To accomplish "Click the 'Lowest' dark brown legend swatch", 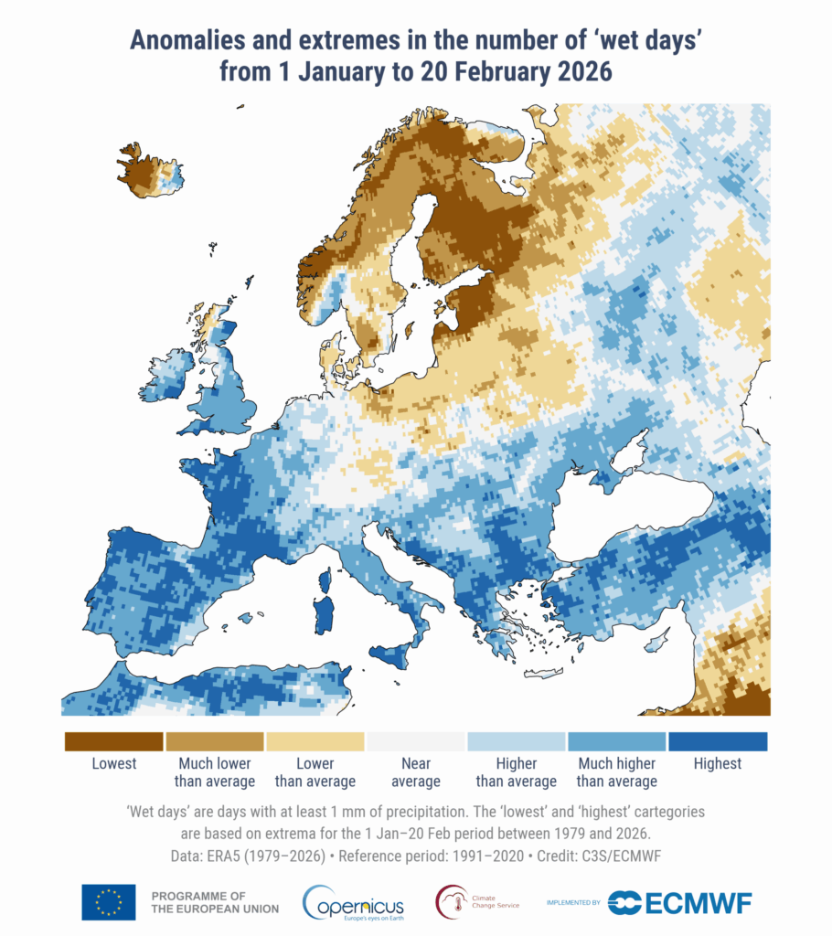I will [x=113, y=740].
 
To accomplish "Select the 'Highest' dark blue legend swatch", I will [x=718, y=740].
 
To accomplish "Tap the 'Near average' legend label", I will [x=416, y=772].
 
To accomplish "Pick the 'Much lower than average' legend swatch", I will [x=215, y=740].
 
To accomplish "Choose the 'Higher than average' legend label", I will [x=517, y=772].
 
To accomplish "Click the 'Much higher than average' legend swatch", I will [x=617, y=740].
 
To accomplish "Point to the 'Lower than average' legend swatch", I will [x=315, y=740].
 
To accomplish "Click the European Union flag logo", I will [x=108, y=902].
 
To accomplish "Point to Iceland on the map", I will [x=146, y=171].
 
